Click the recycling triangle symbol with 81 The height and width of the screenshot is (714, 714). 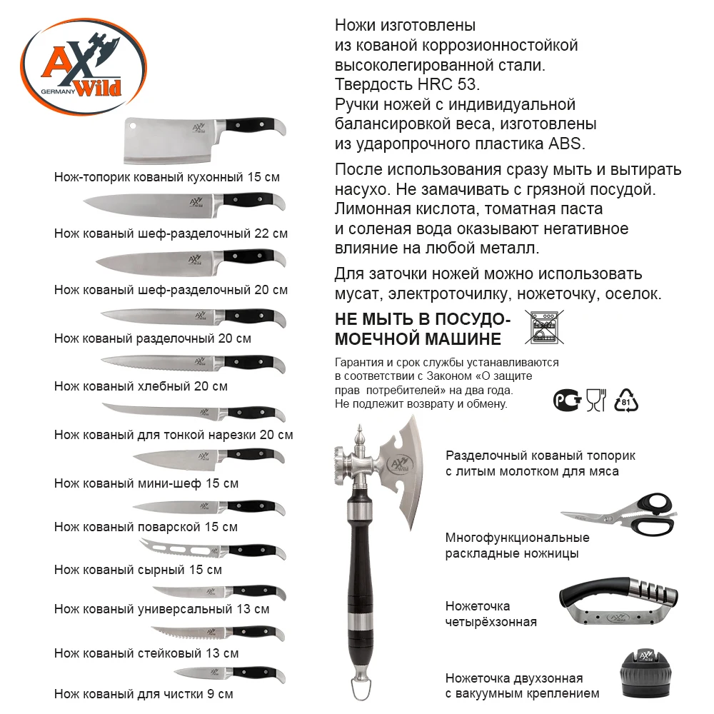[x=625, y=401]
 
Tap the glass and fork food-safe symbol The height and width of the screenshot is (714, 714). [x=595, y=401]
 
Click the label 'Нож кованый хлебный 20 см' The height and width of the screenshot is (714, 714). [x=141, y=386]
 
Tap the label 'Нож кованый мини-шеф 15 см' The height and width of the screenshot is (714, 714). [x=146, y=483]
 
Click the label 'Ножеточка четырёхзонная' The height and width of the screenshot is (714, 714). [x=491, y=614]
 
